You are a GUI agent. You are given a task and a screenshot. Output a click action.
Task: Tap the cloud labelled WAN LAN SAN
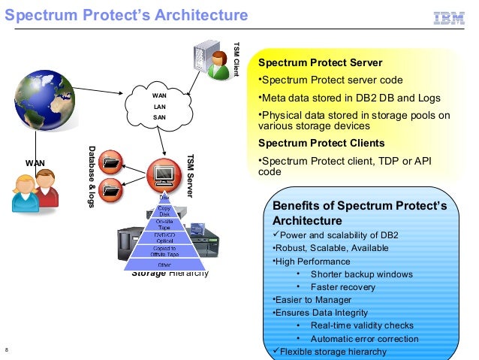click(x=160, y=106)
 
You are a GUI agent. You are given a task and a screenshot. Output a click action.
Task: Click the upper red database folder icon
click(x=112, y=162)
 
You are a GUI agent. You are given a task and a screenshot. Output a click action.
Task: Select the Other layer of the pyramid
click(x=164, y=265)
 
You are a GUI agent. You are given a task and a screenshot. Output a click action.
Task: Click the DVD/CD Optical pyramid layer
click(x=164, y=237)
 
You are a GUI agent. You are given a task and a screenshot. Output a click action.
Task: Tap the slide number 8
click(x=7, y=351)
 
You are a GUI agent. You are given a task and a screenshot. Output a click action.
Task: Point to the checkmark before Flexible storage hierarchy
click(x=275, y=351)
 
